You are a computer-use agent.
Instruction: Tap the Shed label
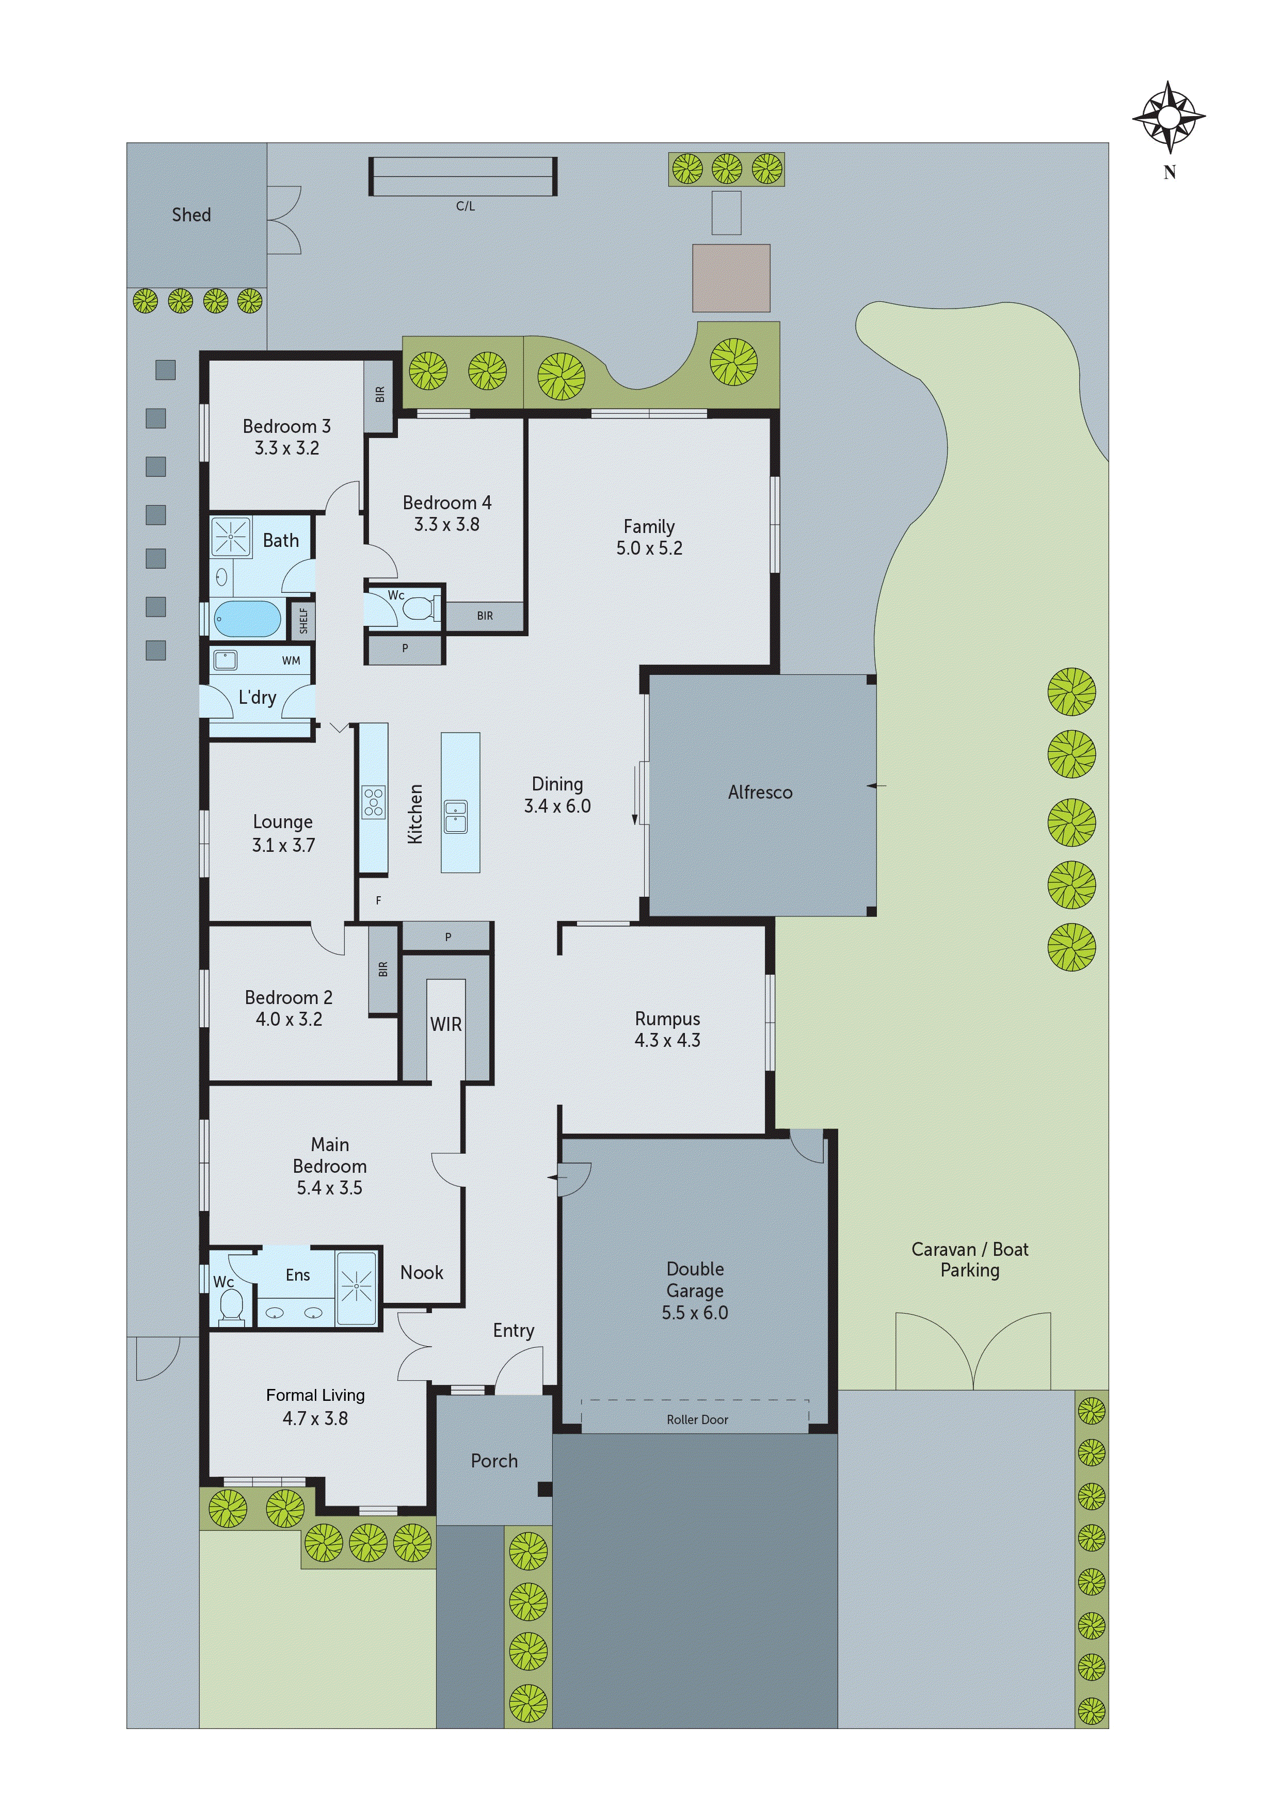point(191,215)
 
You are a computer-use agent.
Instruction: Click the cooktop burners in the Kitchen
point(374,802)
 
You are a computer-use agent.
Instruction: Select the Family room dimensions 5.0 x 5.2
point(649,548)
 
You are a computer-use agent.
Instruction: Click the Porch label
point(494,1461)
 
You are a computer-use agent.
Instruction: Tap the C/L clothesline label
point(466,206)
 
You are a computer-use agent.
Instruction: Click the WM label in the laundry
point(291,660)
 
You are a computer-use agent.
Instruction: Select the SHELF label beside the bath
point(303,620)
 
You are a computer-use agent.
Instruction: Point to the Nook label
point(421,1272)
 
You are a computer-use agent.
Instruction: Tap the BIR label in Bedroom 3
point(380,394)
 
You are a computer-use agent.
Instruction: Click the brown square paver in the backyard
point(731,278)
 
